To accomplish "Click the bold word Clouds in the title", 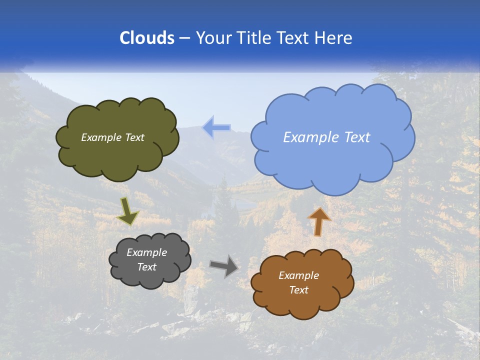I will (x=146, y=38).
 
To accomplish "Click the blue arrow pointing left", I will (x=216, y=128).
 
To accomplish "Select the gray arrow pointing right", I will (x=224, y=265).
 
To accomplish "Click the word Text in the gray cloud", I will (x=147, y=267).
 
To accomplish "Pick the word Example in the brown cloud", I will (x=298, y=275).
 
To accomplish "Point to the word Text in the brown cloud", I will (x=298, y=290).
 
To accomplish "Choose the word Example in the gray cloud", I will (x=147, y=252).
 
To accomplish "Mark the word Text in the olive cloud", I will (x=135, y=137).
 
